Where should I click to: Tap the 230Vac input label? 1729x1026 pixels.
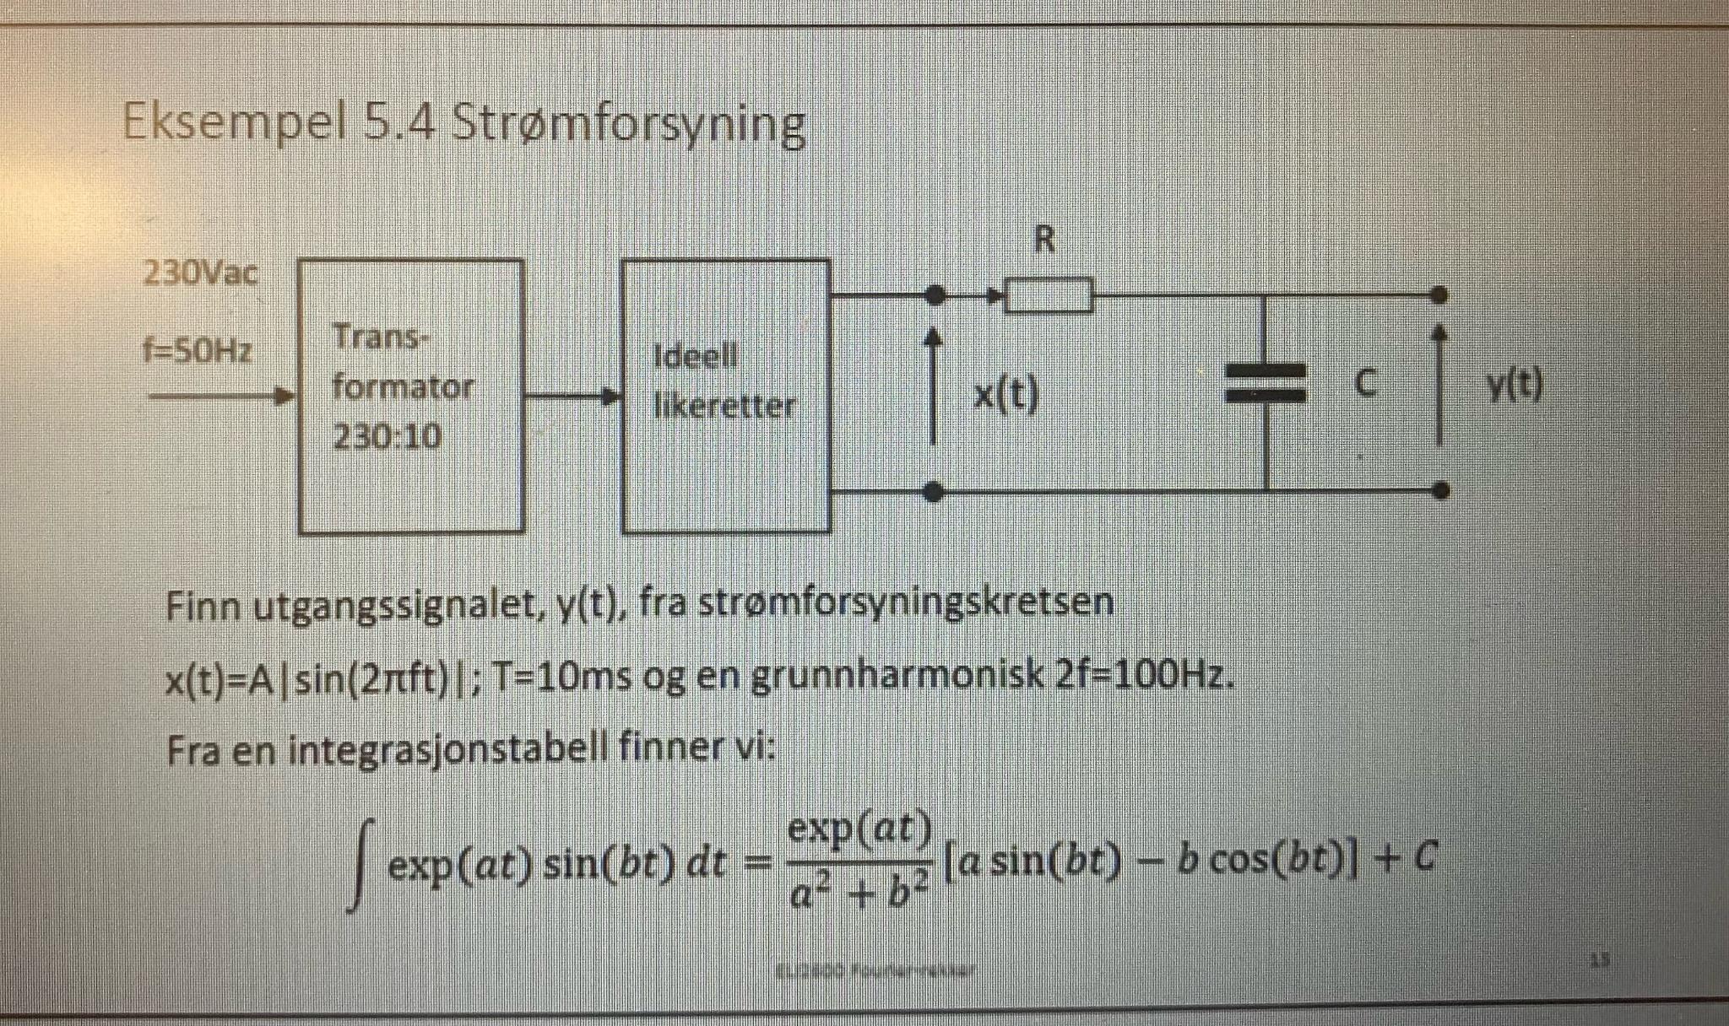[x=201, y=273]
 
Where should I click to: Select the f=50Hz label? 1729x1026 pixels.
[x=198, y=350]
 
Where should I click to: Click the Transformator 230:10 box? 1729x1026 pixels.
[x=411, y=396]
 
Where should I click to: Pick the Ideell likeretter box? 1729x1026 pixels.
[x=726, y=396]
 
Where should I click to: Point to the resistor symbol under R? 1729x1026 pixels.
[x=1050, y=295]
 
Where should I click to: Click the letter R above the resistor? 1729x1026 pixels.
[x=1044, y=241]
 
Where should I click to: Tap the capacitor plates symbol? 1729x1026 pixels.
[x=1266, y=384]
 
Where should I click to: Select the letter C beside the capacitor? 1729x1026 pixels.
[x=1365, y=385]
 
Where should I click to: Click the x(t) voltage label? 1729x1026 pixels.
[x=1005, y=393]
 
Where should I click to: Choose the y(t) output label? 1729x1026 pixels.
[x=1515, y=386]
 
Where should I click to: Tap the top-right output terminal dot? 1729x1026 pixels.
[x=1441, y=294]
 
